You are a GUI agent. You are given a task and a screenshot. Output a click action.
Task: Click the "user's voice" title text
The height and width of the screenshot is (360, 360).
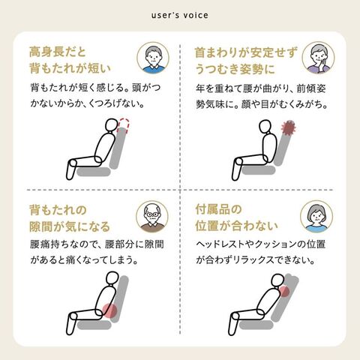(x=180, y=15)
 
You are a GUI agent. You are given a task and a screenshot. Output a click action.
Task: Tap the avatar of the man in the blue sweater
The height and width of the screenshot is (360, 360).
(x=153, y=58)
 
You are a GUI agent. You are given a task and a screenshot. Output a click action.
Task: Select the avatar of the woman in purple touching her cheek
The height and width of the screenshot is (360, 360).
(x=318, y=58)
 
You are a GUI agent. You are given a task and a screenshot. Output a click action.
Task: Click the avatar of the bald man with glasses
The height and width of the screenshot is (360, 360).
(x=152, y=217)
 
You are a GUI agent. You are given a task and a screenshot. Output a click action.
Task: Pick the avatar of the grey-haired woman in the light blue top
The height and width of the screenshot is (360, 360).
(x=316, y=217)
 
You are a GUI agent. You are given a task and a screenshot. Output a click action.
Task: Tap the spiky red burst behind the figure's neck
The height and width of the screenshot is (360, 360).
(x=289, y=128)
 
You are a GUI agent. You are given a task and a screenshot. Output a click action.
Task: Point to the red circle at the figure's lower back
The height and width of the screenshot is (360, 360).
(x=109, y=310)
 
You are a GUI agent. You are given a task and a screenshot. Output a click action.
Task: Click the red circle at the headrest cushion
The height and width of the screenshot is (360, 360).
(x=284, y=292)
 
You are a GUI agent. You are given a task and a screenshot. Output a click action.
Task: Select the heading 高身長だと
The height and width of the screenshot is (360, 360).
(x=58, y=52)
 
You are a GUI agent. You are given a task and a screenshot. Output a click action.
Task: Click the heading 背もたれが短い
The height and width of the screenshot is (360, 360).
(x=70, y=68)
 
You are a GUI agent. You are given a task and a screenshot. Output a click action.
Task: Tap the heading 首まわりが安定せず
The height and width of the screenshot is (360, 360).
(x=246, y=52)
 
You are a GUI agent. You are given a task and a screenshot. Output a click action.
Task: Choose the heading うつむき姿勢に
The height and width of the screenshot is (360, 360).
(x=235, y=69)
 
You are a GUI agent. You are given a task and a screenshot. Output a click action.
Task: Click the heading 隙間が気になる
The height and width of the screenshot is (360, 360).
(x=70, y=226)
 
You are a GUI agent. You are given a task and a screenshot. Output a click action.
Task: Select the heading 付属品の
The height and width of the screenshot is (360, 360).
(x=218, y=209)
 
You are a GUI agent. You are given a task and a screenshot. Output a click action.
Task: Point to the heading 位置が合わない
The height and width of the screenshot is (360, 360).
(x=236, y=226)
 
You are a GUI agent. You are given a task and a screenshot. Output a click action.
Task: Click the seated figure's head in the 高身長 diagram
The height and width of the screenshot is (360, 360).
(x=111, y=124)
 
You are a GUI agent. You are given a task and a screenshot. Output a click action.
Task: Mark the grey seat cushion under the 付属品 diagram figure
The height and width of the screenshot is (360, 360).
(x=256, y=325)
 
